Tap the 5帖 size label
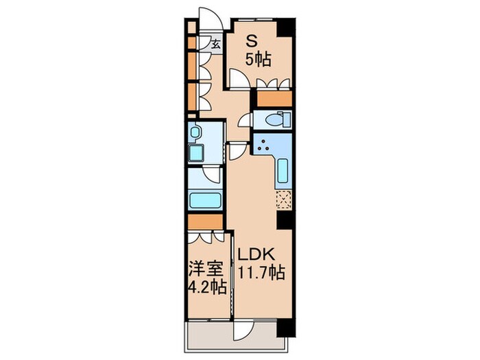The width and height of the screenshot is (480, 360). click(259, 60)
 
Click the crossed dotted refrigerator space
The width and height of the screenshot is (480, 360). click(285, 200)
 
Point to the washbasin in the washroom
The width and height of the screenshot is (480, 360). click(195, 132)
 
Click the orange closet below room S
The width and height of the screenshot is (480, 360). click(274, 97)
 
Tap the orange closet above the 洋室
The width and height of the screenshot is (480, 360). click(205, 222)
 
